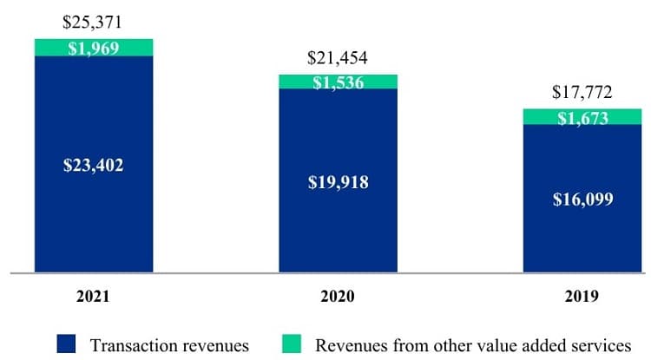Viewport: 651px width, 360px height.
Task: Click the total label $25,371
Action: (94, 22)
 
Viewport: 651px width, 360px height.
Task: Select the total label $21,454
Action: (338, 58)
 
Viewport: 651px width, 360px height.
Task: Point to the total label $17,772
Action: (582, 92)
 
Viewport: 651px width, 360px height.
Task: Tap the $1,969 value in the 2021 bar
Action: (94, 48)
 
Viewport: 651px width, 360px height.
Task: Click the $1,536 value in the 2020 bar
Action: (338, 83)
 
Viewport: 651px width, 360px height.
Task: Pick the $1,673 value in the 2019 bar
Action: (582, 118)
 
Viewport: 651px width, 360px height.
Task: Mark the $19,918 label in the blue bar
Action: (338, 182)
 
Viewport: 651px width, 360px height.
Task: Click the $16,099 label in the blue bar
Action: (582, 199)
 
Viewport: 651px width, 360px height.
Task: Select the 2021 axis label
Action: (93, 297)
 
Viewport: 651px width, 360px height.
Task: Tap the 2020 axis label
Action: (338, 297)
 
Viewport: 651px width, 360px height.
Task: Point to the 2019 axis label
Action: (582, 297)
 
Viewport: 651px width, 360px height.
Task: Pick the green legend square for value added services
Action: (297, 344)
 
